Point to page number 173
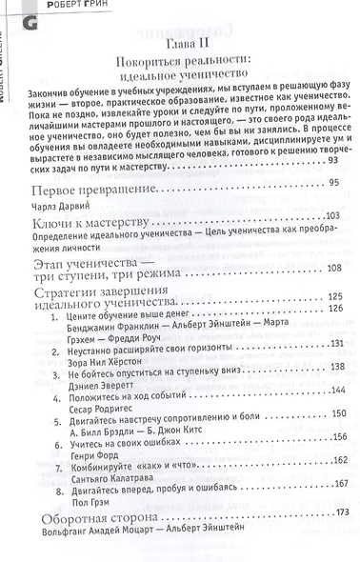(x=333, y=540)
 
